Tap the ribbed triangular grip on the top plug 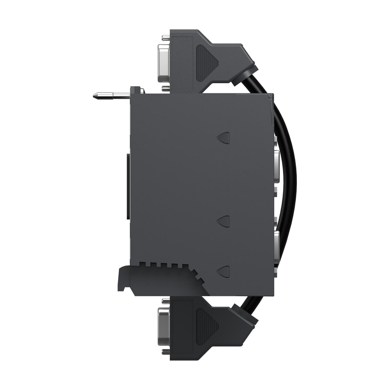[x=206, y=62]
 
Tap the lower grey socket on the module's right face [x=276, y=247]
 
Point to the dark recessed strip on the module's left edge [x=128, y=186]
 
